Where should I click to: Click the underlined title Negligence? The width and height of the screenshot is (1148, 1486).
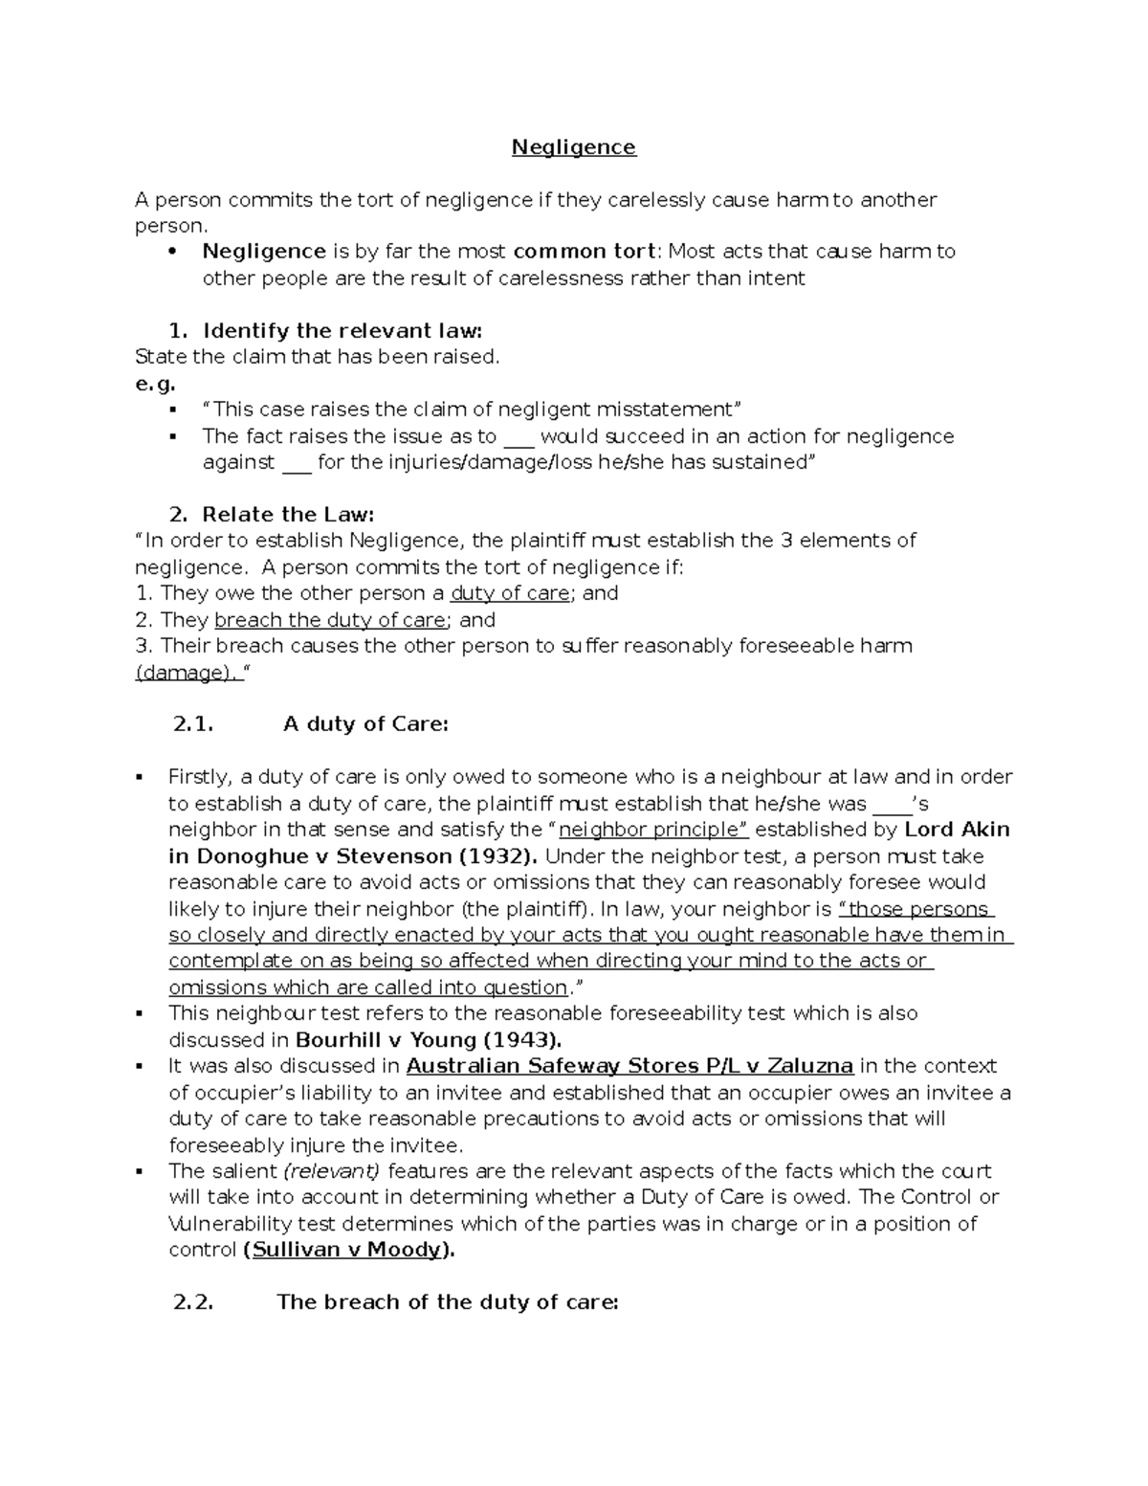tap(573, 147)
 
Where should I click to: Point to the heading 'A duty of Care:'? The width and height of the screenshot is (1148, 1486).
tap(365, 724)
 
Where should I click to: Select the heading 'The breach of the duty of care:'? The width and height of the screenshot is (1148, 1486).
tap(448, 1302)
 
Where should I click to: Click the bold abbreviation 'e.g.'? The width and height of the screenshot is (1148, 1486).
tap(156, 384)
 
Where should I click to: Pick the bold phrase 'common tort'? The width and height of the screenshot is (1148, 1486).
tap(585, 252)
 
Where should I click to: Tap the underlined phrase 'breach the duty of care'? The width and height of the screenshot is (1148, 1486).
tap(330, 620)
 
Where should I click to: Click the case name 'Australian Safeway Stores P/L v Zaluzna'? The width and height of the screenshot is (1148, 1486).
tap(629, 1066)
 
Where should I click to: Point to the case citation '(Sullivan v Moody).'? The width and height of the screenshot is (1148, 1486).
tap(349, 1250)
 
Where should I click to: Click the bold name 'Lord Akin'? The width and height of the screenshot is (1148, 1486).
tap(957, 830)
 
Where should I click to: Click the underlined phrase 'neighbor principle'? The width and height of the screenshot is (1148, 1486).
tap(650, 830)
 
